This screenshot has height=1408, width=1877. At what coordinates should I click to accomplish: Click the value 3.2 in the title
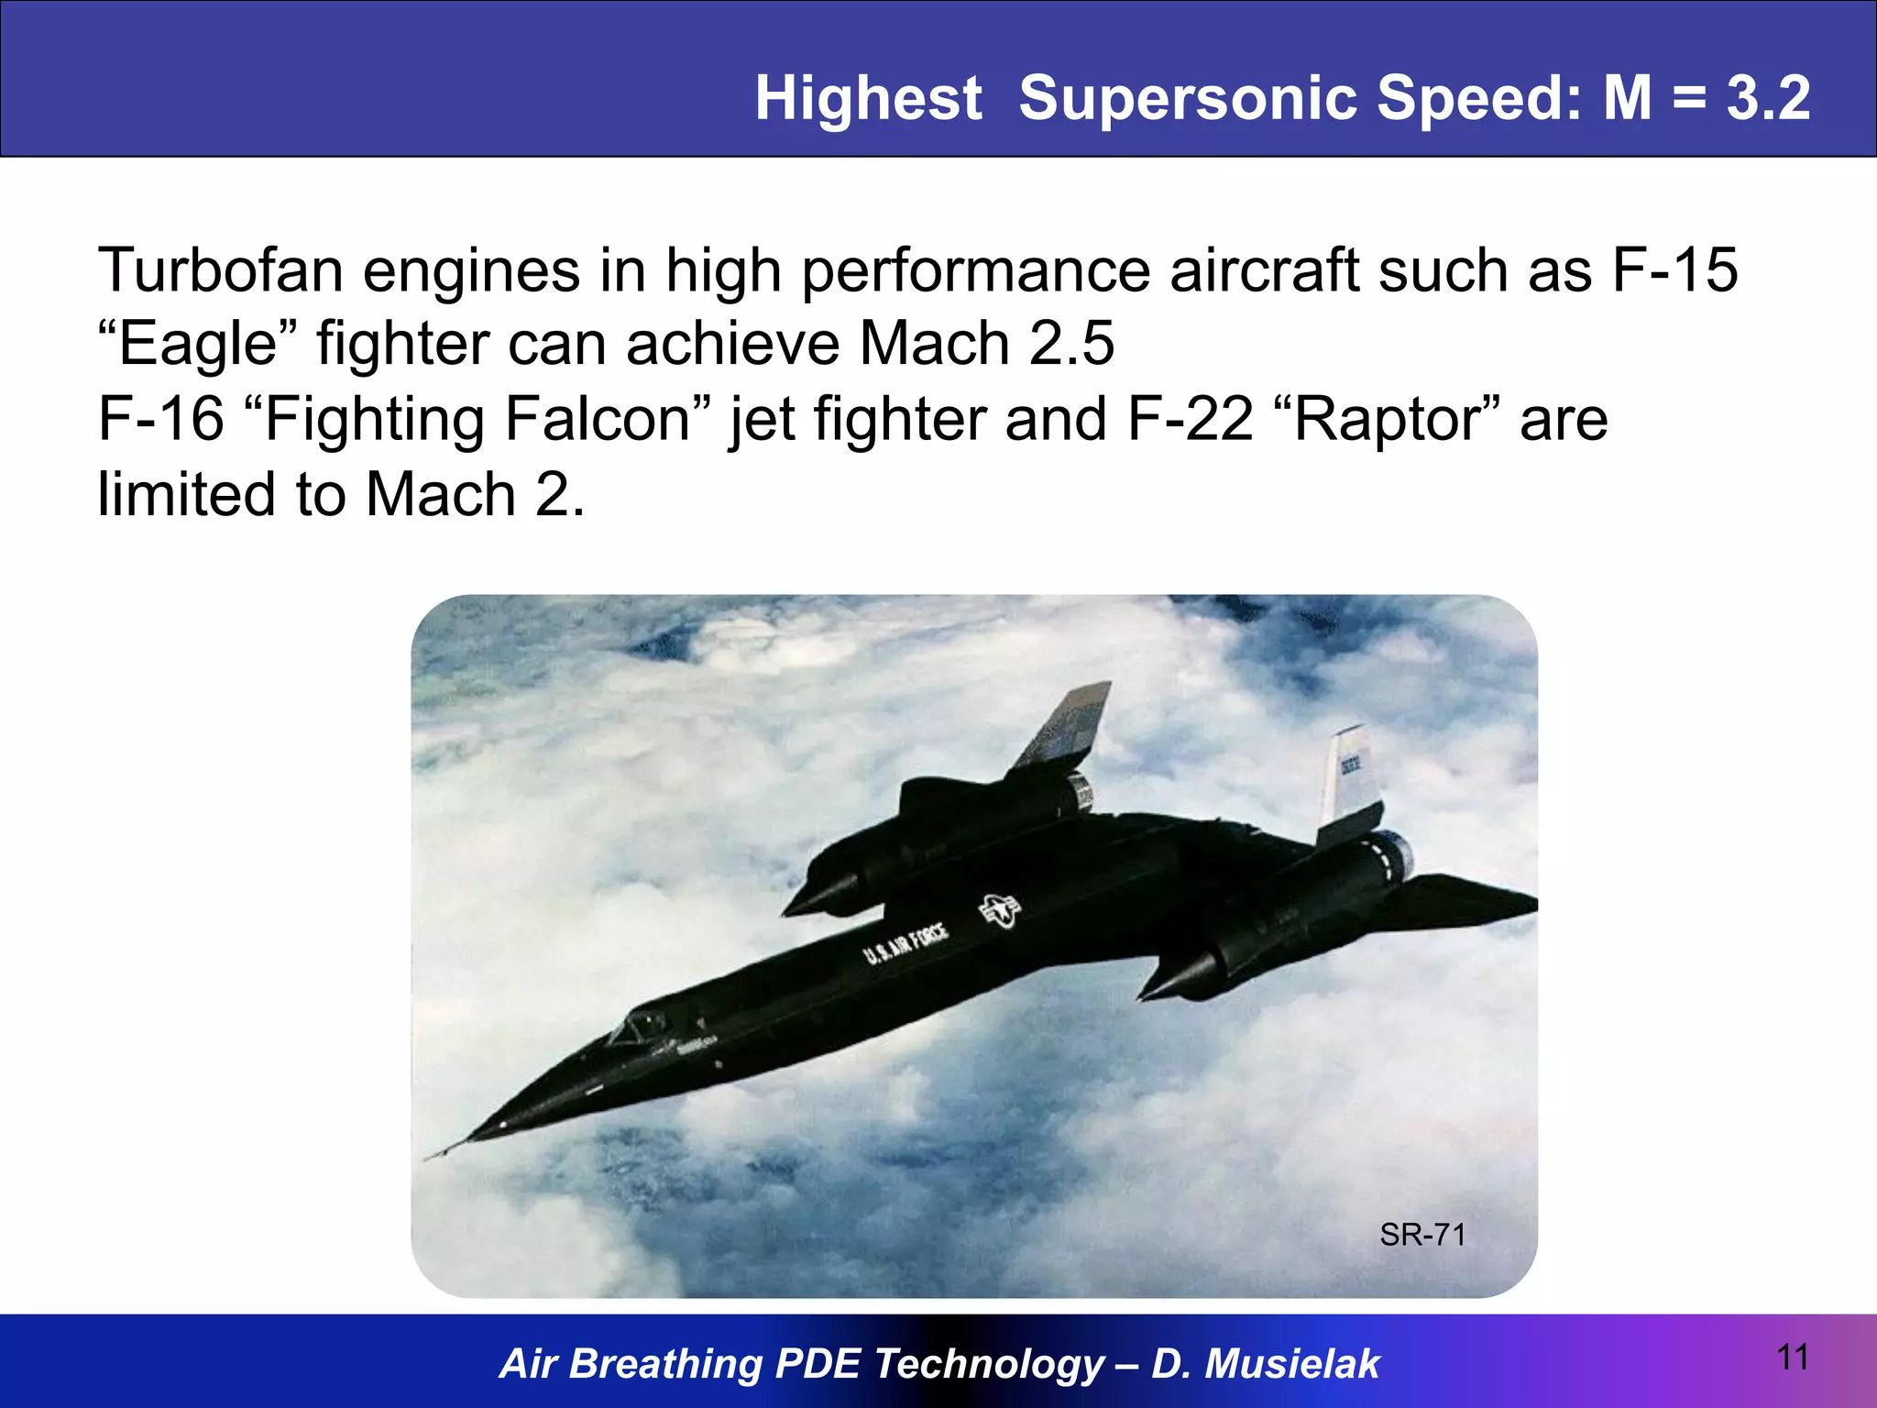(1768, 98)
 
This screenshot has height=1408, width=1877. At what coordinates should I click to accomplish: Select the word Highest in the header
(868, 98)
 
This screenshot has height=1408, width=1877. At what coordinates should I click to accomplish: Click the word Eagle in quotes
(198, 345)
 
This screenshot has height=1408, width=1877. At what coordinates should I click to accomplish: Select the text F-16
(160, 420)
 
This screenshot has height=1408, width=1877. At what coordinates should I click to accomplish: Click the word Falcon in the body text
(596, 420)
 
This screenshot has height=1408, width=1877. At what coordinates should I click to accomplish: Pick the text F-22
(1190, 420)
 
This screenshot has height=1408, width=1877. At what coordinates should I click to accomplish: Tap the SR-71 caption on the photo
(1422, 1236)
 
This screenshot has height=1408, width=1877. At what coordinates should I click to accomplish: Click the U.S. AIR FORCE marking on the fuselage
(906, 944)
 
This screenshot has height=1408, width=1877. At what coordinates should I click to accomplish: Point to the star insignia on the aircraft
(999, 911)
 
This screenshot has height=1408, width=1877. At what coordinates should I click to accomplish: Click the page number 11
(1793, 1358)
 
